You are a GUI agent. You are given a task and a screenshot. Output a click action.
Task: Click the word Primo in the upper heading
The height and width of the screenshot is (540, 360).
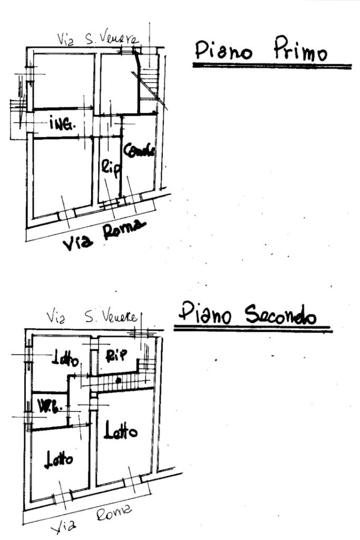click(300, 52)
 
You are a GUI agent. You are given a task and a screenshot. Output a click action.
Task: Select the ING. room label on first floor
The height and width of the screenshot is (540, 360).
click(62, 124)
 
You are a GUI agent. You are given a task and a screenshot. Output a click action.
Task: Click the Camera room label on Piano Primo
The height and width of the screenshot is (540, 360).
click(139, 150)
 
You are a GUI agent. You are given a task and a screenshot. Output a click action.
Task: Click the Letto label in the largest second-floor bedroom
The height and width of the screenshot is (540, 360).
click(121, 432)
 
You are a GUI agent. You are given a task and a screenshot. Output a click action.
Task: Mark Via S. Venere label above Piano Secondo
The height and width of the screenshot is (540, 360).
click(92, 317)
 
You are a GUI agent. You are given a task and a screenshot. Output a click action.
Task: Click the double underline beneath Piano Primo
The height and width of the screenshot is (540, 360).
click(272, 66)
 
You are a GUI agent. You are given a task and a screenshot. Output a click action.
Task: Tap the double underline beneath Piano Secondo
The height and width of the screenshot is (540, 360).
click(253, 330)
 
